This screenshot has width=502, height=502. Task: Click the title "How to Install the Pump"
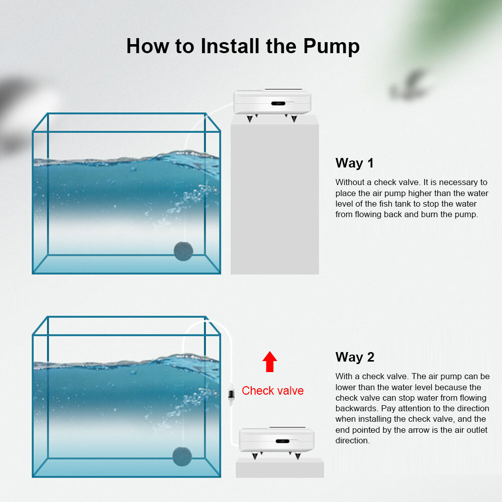coord(243,46)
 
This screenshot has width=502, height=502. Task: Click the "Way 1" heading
coord(355,163)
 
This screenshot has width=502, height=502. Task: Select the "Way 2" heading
coord(355,357)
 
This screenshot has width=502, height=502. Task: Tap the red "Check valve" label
coord(272,391)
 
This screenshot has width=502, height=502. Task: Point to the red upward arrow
coord(270,362)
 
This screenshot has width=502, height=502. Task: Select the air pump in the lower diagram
coord(277,440)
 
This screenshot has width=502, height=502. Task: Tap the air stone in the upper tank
coord(183,251)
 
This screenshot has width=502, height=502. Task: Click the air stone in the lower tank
coord(182,456)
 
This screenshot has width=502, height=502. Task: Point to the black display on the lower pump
coord(282,441)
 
